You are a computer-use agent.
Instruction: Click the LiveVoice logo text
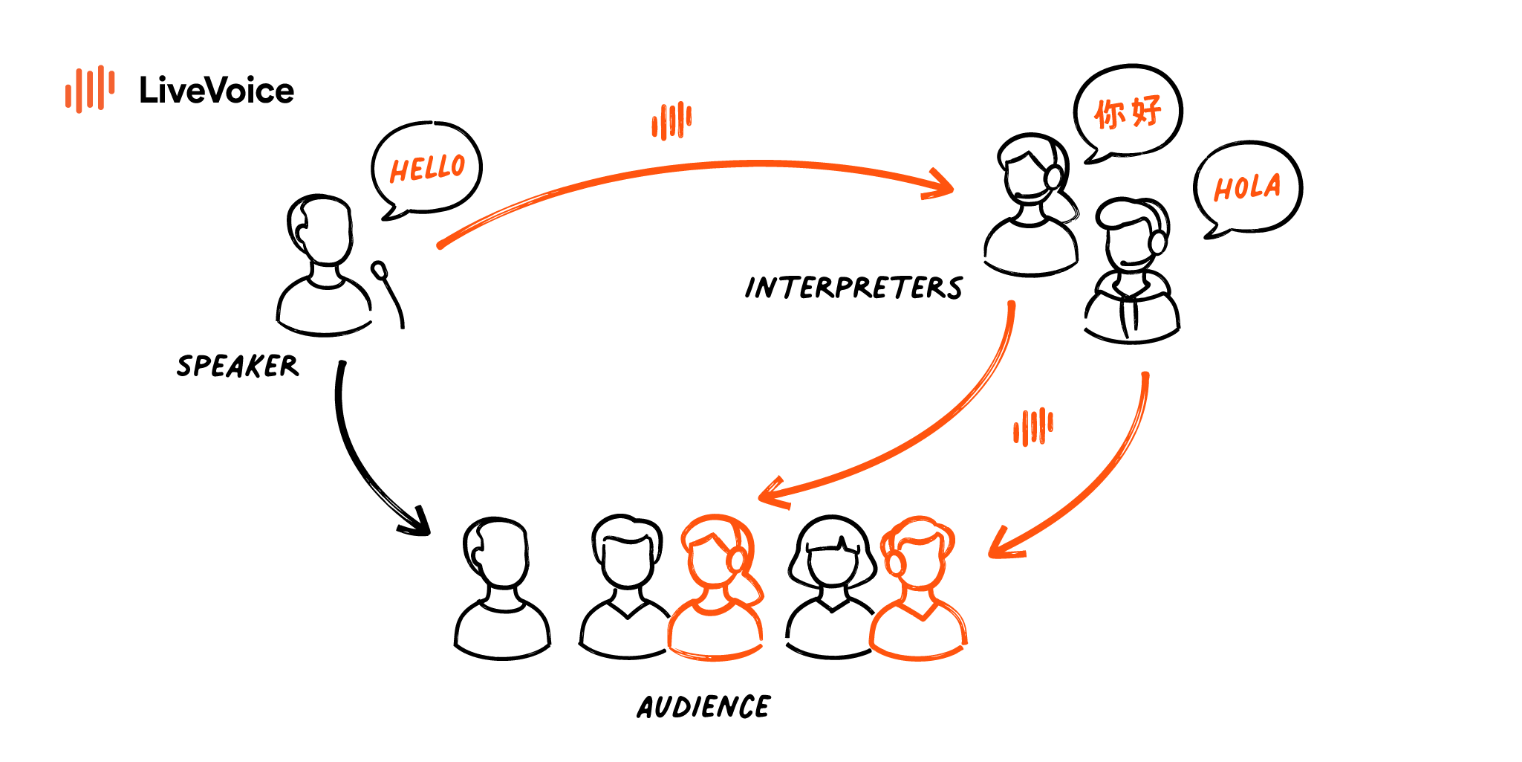216,91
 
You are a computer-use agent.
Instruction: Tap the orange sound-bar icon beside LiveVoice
90,89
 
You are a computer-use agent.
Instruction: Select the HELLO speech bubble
427,168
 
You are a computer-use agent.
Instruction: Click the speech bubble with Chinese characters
1128,112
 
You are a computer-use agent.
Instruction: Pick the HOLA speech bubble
1247,187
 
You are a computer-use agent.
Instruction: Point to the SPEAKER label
238,366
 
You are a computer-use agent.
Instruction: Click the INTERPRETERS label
853,288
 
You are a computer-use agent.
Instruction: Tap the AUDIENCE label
703,707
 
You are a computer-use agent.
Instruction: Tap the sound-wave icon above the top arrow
671,120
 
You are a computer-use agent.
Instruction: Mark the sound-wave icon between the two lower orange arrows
1033,427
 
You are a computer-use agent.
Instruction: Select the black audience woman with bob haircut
832,587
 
